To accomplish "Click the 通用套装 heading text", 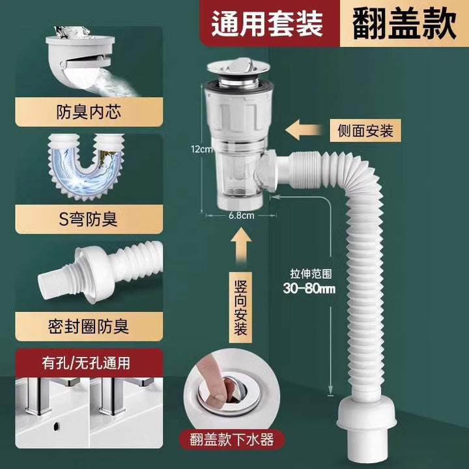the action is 267,23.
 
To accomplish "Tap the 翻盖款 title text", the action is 404,23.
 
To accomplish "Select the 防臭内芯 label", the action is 89,112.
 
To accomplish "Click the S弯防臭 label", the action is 88,220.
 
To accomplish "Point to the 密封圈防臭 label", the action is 89,326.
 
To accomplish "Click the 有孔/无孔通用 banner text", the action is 86,363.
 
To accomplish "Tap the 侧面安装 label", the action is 365,131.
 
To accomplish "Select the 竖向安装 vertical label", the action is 240,307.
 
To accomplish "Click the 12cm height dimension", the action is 202,149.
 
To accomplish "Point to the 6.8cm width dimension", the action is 242,216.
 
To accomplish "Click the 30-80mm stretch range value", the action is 309,289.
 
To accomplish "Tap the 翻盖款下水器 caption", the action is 232,440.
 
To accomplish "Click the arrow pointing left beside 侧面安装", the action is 304,130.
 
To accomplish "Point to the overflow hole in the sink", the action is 55,426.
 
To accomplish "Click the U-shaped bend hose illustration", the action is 86,169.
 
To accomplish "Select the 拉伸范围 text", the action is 311,274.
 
